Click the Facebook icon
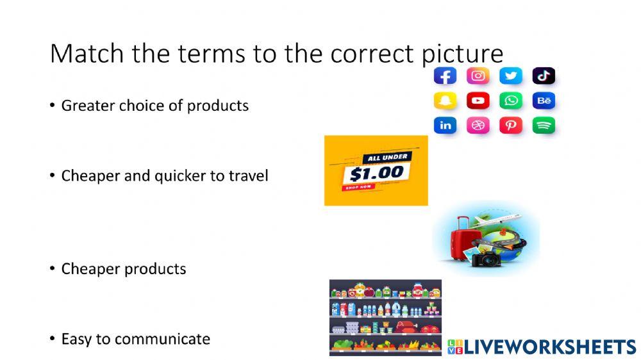[445, 76]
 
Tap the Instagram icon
[478, 76]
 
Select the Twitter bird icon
[511, 76]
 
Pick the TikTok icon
[544, 76]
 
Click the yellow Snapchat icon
[445, 101]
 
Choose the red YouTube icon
[478, 101]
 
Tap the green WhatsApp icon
[511, 101]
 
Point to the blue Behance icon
[544, 101]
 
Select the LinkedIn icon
[445, 126]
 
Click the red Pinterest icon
[511, 126]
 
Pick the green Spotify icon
[544, 126]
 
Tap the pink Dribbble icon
[478, 126]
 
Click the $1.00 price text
[377, 173]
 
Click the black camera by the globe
[487, 259]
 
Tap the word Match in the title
[87, 54]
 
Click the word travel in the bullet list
[249, 176]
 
